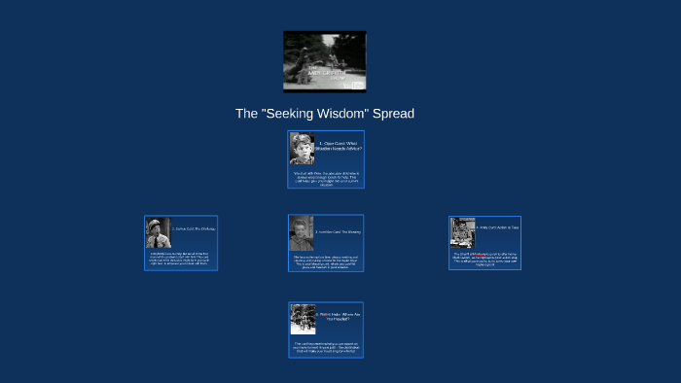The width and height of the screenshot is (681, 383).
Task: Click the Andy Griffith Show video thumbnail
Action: click(x=324, y=61)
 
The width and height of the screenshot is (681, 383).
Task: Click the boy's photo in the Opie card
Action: click(x=302, y=149)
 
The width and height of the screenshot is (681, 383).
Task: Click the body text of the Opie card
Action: click(x=326, y=178)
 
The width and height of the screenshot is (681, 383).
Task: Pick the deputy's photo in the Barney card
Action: click(x=158, y=232)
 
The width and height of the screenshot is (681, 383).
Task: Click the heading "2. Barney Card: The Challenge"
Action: click(x=194, y=228)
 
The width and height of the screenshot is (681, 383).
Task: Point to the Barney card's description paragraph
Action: click(x=181, y=260)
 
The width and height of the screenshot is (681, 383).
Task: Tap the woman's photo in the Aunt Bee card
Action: click(x=301, y=232)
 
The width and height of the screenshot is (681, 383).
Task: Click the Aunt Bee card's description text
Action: click(x=326, y=261)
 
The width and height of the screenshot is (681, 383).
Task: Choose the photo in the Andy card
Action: click(x=462, y=232)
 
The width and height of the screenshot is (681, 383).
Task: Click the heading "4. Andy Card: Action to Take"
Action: click(x=497, y=228)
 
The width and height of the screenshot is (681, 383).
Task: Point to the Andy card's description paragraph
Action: click(x=484, y=260)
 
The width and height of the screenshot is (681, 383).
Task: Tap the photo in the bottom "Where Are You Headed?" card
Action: click(x=303, y=319)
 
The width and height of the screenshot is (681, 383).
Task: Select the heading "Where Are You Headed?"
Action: click(x=339, y=316)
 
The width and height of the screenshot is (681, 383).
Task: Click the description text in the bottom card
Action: click(x=326, y=346)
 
